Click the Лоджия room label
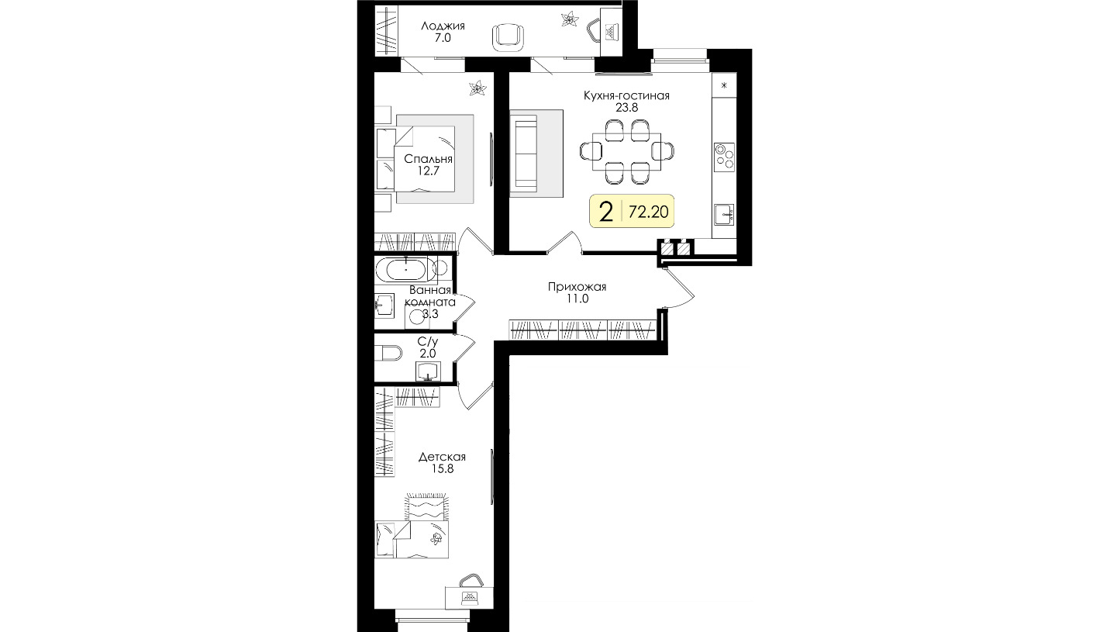pyautogui.click(x=443, y=26)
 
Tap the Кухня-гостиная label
pyautogui.click(x=626, y=95)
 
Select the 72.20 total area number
pyautogui.click(x=648, y=212)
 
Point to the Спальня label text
pyautogui.click(x=428, y=159)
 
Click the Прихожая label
pyautogui.click(x=577, y=287)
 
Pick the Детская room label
pyautogui.click(x=442, y=457)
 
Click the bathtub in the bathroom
pyautogui.click(x=406, y=270)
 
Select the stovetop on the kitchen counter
pyautogui.click(x=724, y=157)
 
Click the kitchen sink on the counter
pyautogui.click(x=724, y=215)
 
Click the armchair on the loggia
pyautogui.click(x=508, y=38)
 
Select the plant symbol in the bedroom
pyautogui.click(x=478, y=88)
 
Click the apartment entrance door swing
pyautogui.click(x=680, y=288)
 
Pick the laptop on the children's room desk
pyautogui.click(x=468, y=597)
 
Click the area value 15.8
pyautogui.click(x=442, y=469)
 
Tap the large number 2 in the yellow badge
pyautogui.click(x=606, y=212)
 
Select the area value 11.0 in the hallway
pyautogui.click(x=577, y=299)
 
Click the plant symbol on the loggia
pyautogui.click(x=570, y=19)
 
